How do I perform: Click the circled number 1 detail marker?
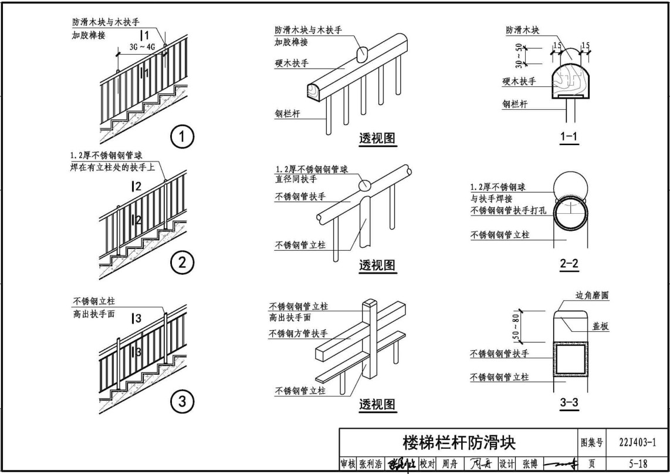182,137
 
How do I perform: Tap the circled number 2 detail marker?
182,263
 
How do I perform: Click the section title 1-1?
569,137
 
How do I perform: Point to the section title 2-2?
569,264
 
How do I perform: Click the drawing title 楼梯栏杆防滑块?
458,441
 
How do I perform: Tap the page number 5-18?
637,463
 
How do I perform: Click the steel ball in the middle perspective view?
364,184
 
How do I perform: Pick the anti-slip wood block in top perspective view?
363,53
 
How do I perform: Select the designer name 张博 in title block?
529,463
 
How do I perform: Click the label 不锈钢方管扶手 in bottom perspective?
298,334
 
